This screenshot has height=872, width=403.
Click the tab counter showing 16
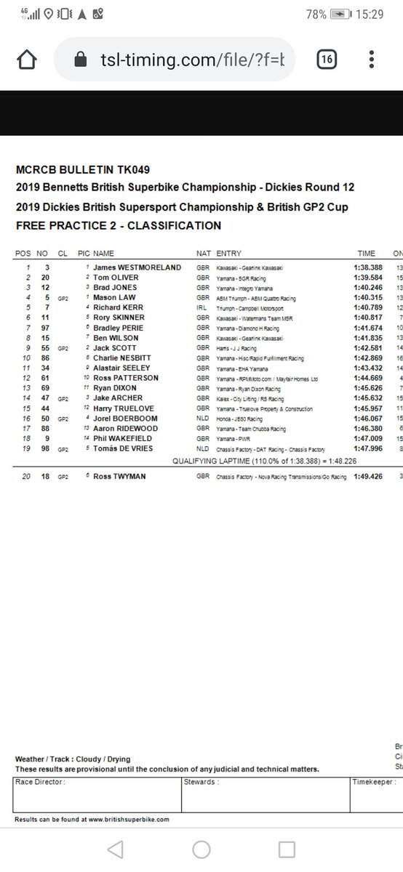pyautogui.click(x=327, y=60)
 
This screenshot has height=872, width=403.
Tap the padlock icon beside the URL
pyautogui.click(x=81, y=60)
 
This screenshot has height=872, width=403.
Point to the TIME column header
pyautogui.click(x=366, y=254)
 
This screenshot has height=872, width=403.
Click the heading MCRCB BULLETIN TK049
pyautogui.click(x=82, y=171)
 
